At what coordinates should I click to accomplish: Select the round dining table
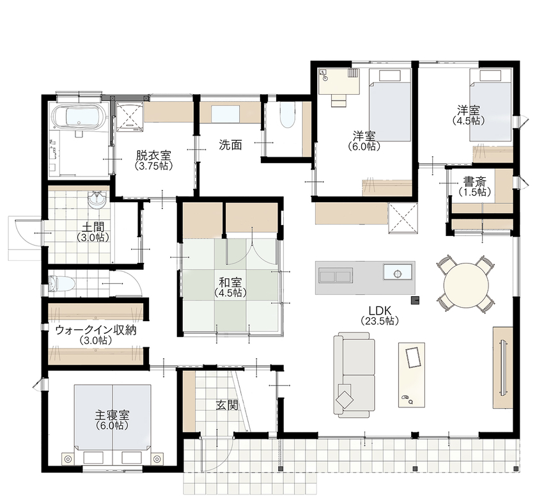(465, 283)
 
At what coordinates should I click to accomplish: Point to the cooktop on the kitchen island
(335, 276)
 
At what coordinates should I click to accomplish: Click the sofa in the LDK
(354, 374)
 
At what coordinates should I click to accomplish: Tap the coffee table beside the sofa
(410, 374)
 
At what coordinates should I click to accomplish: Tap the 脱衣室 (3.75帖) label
(152, 159)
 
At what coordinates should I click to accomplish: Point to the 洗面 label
(230, 145)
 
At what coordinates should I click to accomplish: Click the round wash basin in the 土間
(97, 200)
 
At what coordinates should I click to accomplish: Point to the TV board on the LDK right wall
(502, 366)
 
